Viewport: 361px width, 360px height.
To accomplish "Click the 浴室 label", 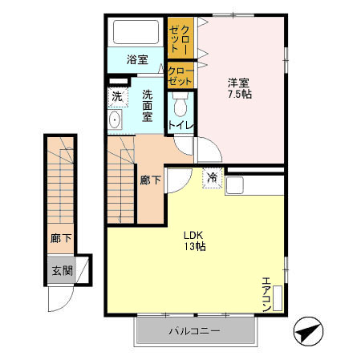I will tap(137, 59).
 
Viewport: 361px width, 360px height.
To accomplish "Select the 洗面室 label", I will tap(148, 105).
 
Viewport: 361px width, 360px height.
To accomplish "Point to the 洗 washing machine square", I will tap(117, 97).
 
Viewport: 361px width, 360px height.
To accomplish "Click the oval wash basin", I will tap(115, 121).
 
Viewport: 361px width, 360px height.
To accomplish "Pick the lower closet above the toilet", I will tap(180, 77).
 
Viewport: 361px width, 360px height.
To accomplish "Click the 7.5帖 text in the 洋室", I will tap(238, 95).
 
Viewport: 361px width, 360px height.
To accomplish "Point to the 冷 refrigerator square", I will tap(213, 177).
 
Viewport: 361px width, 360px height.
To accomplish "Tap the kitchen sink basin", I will tap(237, 185).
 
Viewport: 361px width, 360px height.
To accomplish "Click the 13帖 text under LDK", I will tap(196, 246).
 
